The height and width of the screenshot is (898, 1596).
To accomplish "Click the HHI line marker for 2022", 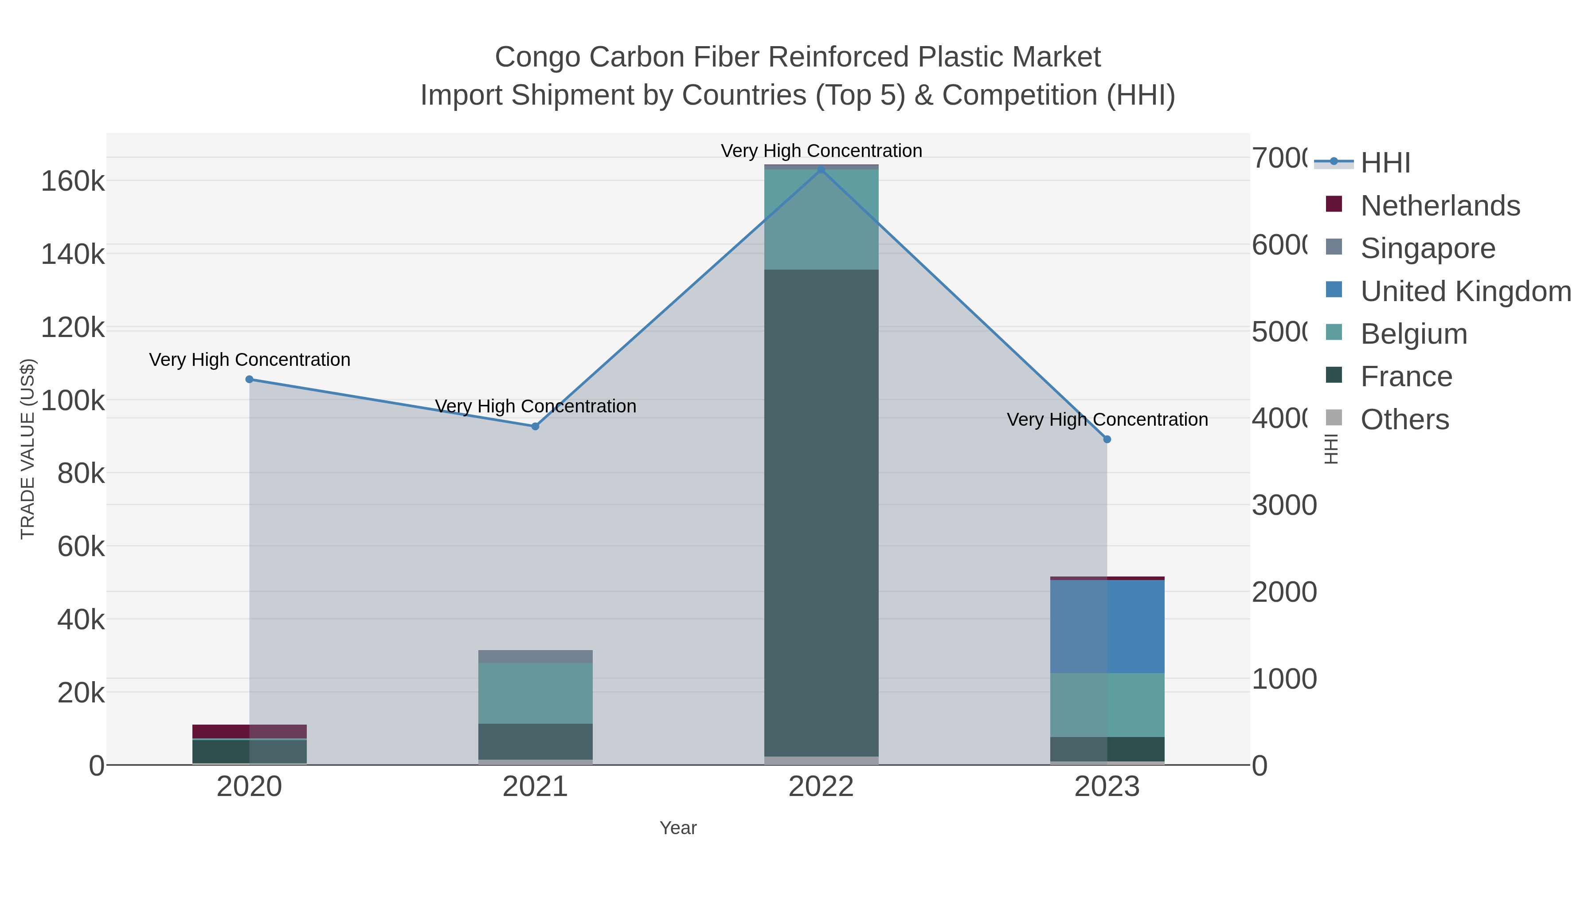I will tap(821, 169).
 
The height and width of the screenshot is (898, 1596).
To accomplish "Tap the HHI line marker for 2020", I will tap(250, 379).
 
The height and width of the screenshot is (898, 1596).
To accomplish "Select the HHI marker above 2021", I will tap(535, 426).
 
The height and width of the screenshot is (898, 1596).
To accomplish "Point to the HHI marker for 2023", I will tap(1107, 439).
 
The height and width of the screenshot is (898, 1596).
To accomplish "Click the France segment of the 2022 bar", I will tap(821, 513).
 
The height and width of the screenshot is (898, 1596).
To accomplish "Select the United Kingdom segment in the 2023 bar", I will tap(1107, 627).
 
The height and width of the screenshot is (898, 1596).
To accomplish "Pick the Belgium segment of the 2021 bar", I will tap(535, 693).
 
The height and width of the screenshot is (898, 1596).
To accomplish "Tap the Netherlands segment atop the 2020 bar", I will tap(250, 731).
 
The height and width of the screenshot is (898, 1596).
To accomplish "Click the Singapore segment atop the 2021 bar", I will tap(535, 656).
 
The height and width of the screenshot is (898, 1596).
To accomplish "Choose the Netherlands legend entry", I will tap(1440, 206).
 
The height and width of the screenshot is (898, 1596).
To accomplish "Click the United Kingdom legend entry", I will tap(1465, 291).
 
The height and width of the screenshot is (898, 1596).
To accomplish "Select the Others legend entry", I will tap(1404, 420).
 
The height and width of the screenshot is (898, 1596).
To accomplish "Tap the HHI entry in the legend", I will tap(1385, 163).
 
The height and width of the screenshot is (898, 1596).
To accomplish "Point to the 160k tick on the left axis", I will tap(73, 181).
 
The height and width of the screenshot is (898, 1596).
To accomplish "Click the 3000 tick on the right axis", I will tap(1284, 506).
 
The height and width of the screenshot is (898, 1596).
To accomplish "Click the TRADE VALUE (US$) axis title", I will tap(28, 449).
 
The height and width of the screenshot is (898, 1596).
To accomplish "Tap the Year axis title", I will tap(678, 828).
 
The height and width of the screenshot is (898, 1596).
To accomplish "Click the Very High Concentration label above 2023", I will tap(1107, 420).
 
